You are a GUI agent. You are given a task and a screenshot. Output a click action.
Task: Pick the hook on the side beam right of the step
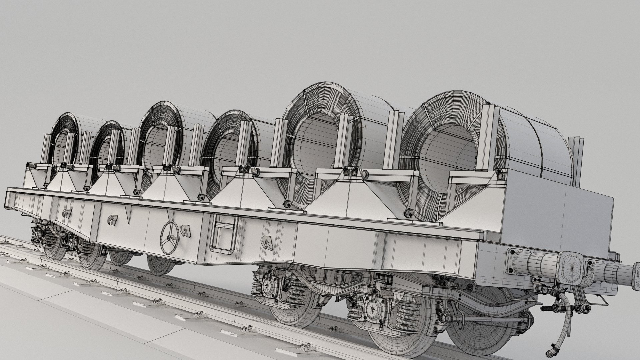point(267,242)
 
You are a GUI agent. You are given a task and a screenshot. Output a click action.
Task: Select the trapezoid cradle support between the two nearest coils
point(347,197)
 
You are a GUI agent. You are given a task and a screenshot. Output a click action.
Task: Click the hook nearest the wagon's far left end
point(66,213)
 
